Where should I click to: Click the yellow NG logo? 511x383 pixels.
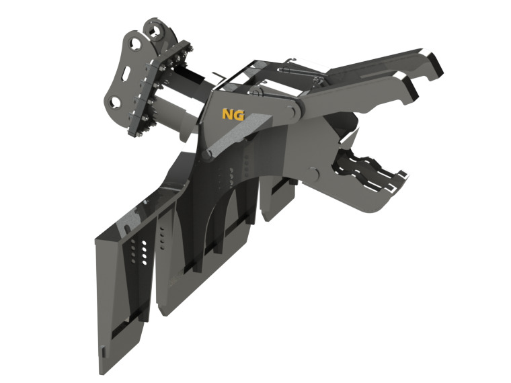click(233, 114)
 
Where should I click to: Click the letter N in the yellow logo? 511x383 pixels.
click(227, 114)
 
